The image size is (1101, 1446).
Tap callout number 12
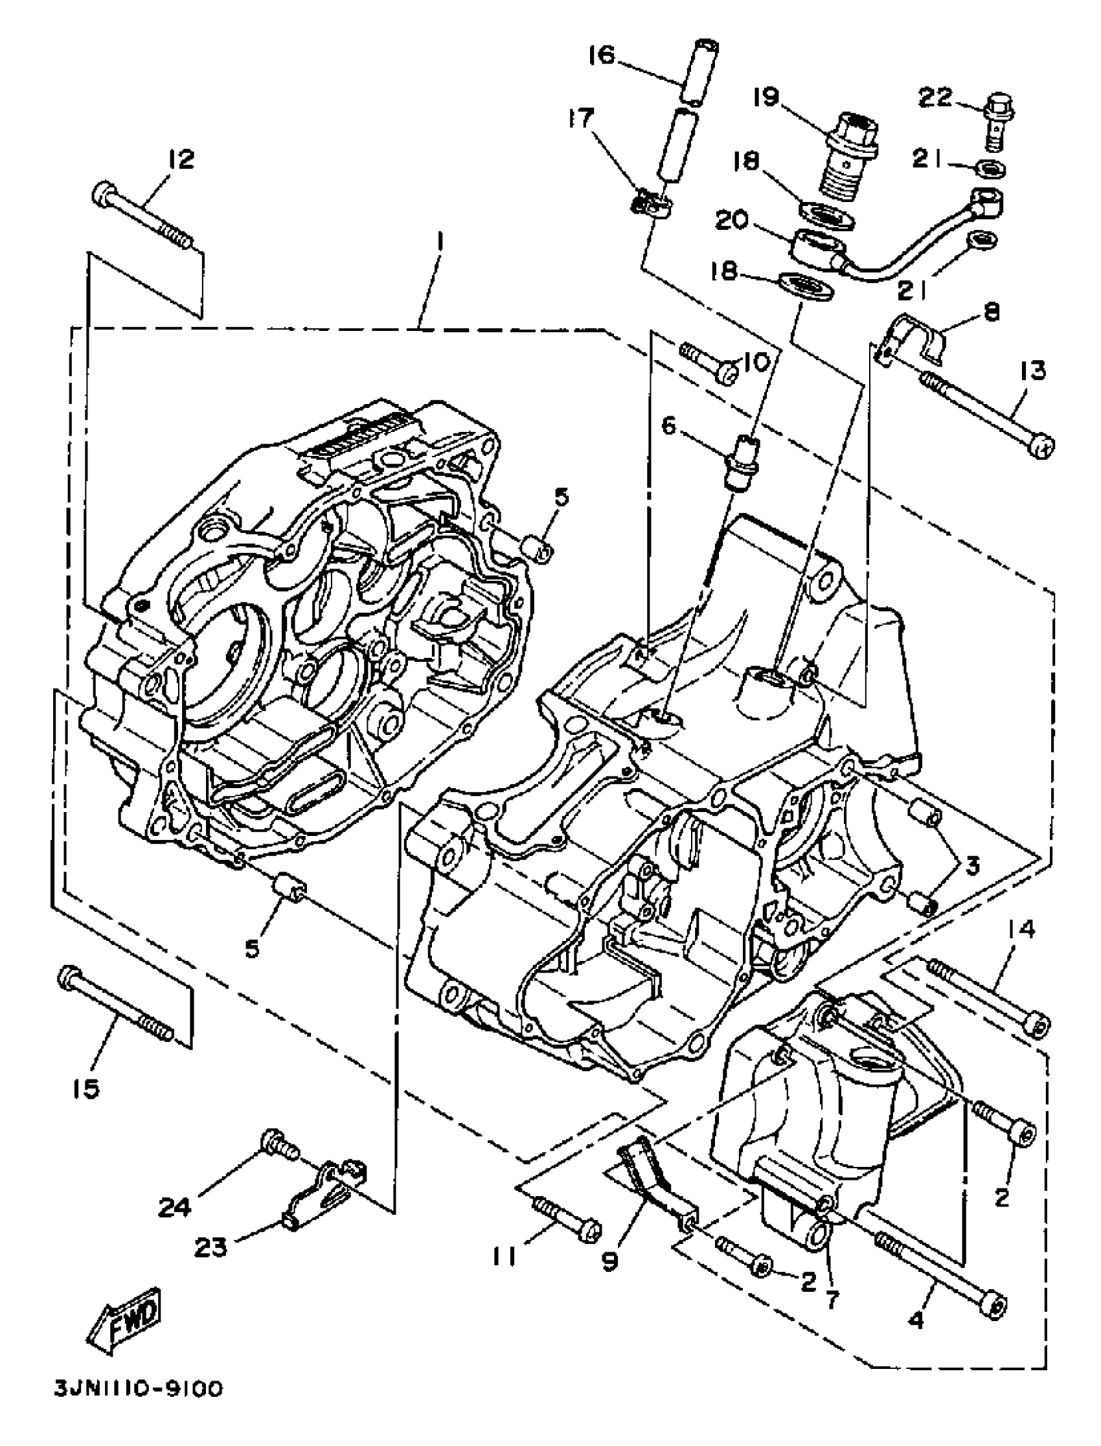(x=180, y=159)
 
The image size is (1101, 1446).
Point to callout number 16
(x=601, y=55)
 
